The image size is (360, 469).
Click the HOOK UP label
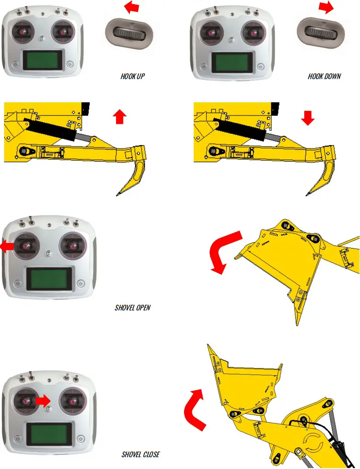pos(132,76)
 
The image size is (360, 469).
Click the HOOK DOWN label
pos(324,76)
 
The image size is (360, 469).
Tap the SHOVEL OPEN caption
pos(132,307)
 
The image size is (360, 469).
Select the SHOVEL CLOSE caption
pos(141,454)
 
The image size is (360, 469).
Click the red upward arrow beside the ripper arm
pos(119,117)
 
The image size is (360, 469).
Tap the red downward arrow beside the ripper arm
pos(308,118)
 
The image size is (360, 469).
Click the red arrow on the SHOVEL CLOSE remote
pos(43,400)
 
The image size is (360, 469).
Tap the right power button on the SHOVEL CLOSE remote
pos(80,437)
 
